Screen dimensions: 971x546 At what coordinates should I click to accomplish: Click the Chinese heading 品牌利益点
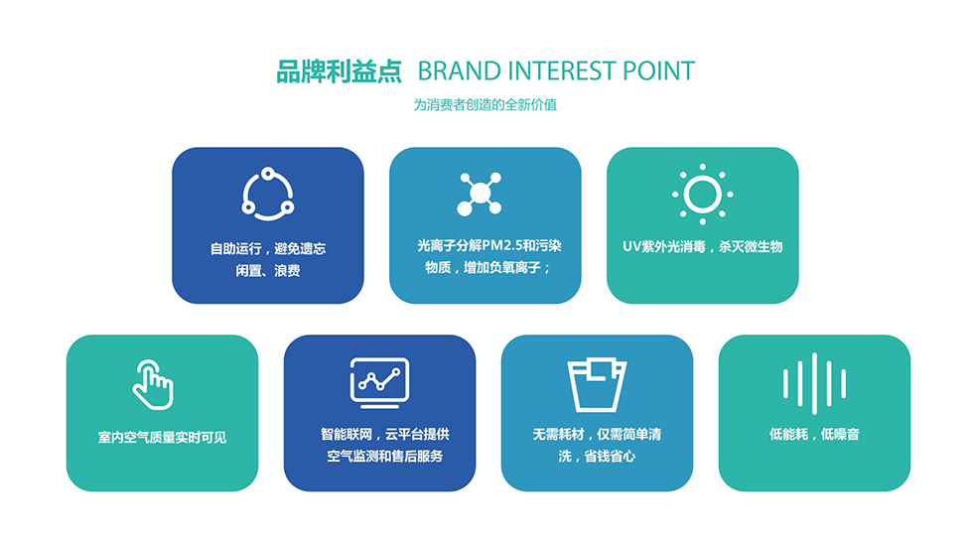pyautogui.click(x=339, y=71)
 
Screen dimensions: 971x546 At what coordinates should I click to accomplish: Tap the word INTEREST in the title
pyautogui.click(x=562, y=71)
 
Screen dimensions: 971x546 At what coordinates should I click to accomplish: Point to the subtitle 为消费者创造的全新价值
pyautogui.click(x=485, y=104)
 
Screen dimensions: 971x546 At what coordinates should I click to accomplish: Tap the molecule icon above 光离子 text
pyautogui.click(x=480, y=194)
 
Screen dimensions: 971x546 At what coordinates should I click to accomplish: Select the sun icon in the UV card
pyautogui.click(x=702, y=194)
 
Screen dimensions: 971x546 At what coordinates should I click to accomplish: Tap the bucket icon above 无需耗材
pyautogui.click(x=597, y=384)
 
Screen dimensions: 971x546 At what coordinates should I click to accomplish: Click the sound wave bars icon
pyautogui.click(x=814, y=383)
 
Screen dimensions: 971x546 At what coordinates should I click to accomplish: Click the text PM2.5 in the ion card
pyautogui.click(x=501, y=246)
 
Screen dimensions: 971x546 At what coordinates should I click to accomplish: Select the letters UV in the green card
pyautogui.click(x=631, y=246)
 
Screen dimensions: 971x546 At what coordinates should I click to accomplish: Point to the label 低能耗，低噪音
pyautogui.click(x=814, y=434)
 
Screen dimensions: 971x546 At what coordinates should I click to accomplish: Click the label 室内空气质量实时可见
pyautogui.click(x=162, y=437)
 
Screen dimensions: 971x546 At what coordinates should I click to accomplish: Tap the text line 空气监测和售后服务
pyautogui.click(x=385, y=457)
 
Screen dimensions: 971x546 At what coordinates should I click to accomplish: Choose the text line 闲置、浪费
pyautogui.click(x=267, y=271)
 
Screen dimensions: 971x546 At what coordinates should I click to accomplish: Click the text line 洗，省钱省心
pyautogui.click(x=597, y=457)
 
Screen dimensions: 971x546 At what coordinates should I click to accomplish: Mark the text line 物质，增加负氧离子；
pyautogui.click(x=487, y=267)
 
